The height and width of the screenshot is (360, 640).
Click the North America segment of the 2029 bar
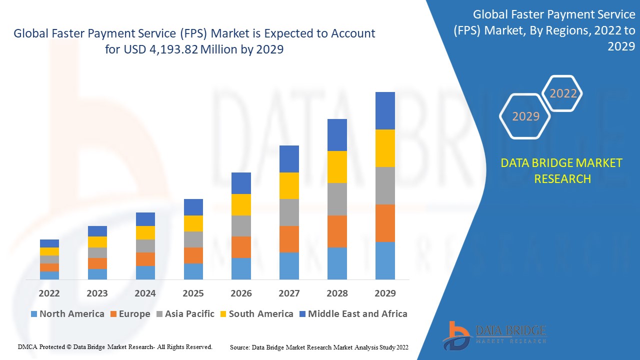click(x=385, y=260)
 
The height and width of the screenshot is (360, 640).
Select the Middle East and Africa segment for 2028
click(x=337, y=135)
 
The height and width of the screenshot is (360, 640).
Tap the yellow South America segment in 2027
click(x=289, y=185)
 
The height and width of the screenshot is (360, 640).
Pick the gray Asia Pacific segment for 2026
click(x=241, y=226)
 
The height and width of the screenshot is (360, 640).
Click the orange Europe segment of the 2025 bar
click(x=193, y=255)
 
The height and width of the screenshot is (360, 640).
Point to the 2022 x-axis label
click(x=49, y=293)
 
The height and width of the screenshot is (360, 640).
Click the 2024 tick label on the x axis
click(x=145, y=293)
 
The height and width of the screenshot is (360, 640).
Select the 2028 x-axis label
click(x=337, y=293)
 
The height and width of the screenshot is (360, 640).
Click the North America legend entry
click(x=67, y=314)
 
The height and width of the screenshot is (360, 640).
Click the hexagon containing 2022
click(x=563, y=93)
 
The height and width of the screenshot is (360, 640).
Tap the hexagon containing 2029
click(x=525, y=116)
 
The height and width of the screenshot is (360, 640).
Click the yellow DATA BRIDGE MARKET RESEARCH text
click(x=562, y=170)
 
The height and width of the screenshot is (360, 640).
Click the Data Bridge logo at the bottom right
click(x=494, y=334)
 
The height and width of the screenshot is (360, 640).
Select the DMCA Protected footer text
click(x=115, y=346)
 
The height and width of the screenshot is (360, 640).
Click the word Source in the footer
click(x=240, y=347)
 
